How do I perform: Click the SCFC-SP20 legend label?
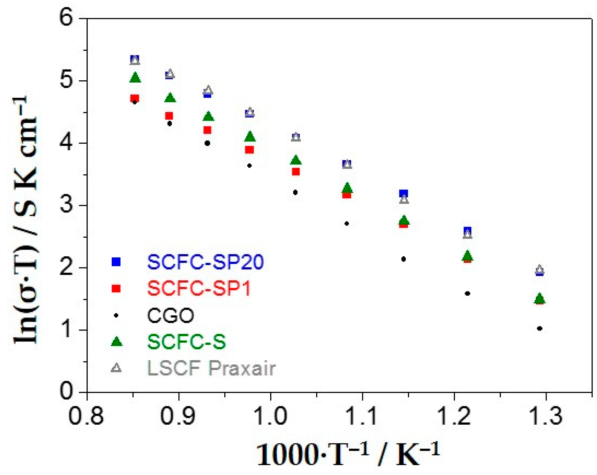(205, 262)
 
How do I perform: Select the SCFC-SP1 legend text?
(199, 289)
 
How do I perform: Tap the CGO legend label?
(170, 315)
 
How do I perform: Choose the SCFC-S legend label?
(186, 342)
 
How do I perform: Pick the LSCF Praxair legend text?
(211, 368)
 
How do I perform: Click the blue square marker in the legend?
(116, 262)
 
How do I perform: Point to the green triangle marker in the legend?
(116, 341)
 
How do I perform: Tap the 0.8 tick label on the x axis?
(86, 416)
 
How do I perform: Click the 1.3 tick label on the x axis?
(546, 416)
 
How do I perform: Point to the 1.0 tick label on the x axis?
(270, 416)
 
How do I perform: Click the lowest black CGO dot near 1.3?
(539, 328)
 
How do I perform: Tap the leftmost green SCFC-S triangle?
(135, 77)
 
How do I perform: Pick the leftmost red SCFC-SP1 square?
(134, 98)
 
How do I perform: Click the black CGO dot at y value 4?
(207, 143)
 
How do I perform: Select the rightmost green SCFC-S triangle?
(539, 298)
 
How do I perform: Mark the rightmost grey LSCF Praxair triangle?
(539, 269)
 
